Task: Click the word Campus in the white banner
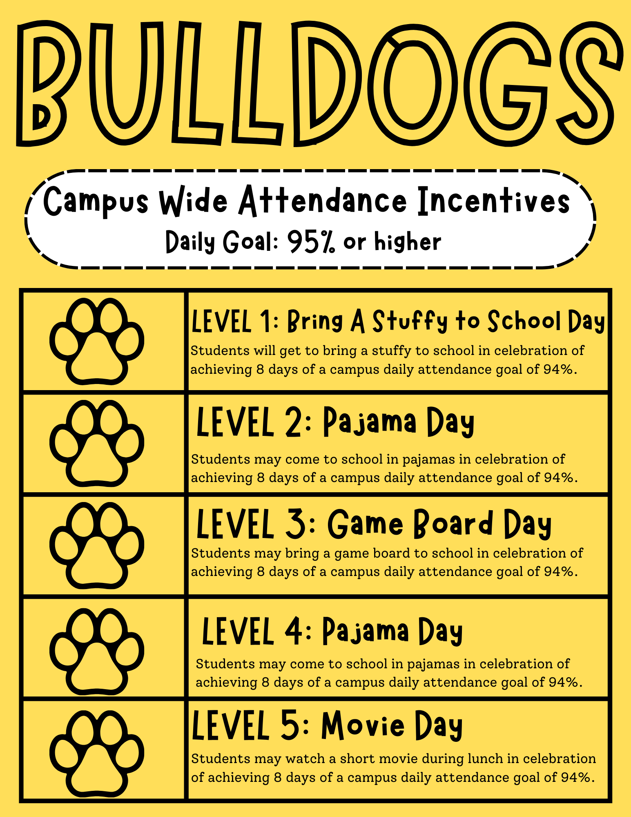point(96,201)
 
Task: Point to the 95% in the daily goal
point(311,242)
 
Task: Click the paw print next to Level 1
point(97,342)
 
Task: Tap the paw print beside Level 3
point(97,546)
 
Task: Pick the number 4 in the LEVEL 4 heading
point(293,632)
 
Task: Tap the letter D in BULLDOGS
point(327,84)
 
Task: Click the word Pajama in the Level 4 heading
point(366,632)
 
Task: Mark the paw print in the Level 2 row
point(97,444)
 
